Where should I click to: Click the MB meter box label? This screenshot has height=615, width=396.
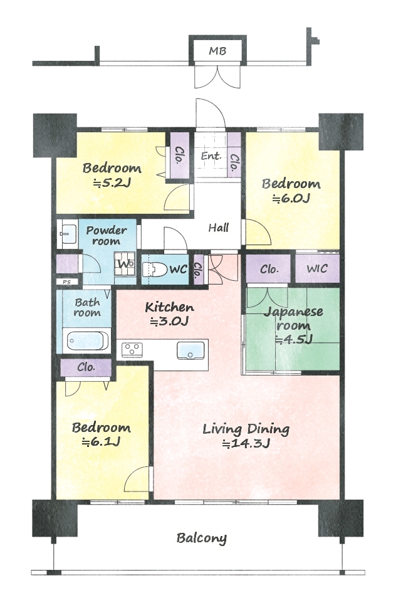(x=217, y=51)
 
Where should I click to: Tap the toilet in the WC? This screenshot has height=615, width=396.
(x=155, y=270)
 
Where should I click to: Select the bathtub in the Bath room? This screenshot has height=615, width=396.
(x=88, y=341)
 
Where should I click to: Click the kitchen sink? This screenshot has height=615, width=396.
(x=190, y=350)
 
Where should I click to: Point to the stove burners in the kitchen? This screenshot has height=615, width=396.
(x=132, y=349)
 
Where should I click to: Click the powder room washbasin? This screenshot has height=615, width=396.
(x=68, y=234)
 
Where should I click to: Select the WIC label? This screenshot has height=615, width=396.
(x=317, y=269)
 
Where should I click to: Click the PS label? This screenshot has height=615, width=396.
(x=67, y=281)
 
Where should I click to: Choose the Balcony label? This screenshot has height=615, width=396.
(x=202, y=538)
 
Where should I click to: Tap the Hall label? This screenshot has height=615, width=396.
(x=219, y=228)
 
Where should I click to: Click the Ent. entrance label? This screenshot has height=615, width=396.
(x=211, y=156)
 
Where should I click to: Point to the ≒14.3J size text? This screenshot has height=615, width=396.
(x=246, y=444)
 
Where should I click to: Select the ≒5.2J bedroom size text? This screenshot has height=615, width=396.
(x=112, y=183)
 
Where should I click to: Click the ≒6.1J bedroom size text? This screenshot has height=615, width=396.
(x=101, y=442)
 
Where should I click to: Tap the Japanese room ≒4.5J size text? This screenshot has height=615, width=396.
(x=294, y=339)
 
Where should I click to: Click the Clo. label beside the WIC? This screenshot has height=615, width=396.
(x=269, y=270)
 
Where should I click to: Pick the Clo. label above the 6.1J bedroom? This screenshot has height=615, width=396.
(x=86, y=367)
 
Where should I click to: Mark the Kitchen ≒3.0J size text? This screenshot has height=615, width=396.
(x=169, y=322)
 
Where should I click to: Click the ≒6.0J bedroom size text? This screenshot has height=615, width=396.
(x=291, y=199)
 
